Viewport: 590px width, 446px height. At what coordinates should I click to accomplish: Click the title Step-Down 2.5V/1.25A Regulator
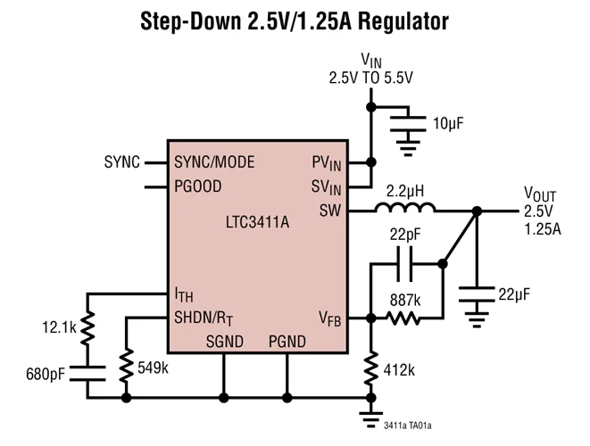[x=295, y=21]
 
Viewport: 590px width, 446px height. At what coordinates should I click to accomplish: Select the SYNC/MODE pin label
[x=214, y=162]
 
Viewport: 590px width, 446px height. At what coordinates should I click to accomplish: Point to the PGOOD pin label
[x=198, y=186]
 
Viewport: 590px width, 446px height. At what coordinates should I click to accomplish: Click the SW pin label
[x=330, y=211]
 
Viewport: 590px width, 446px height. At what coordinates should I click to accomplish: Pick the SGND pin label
[x=223, y=341]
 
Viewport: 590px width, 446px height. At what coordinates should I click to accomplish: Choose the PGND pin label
[x=287, y=341]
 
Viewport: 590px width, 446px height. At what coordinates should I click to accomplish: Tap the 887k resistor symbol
[x=404, y=318]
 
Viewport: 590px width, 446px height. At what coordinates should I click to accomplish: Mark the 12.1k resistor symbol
[x=87, y=329]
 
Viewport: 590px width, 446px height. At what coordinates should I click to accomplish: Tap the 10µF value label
[x=449, y=123]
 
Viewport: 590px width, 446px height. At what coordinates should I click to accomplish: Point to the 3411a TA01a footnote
[x=413, y=426]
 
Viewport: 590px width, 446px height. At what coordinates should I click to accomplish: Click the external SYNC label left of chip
[x=121, y=162]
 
